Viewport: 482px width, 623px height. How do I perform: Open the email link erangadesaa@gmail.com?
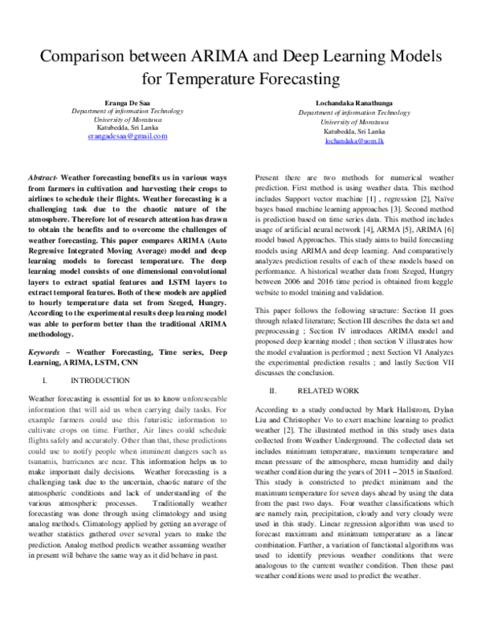pos(128,136)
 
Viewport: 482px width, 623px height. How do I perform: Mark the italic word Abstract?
pos(43,176)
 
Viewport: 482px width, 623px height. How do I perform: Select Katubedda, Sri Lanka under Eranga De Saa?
pos(128,128)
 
